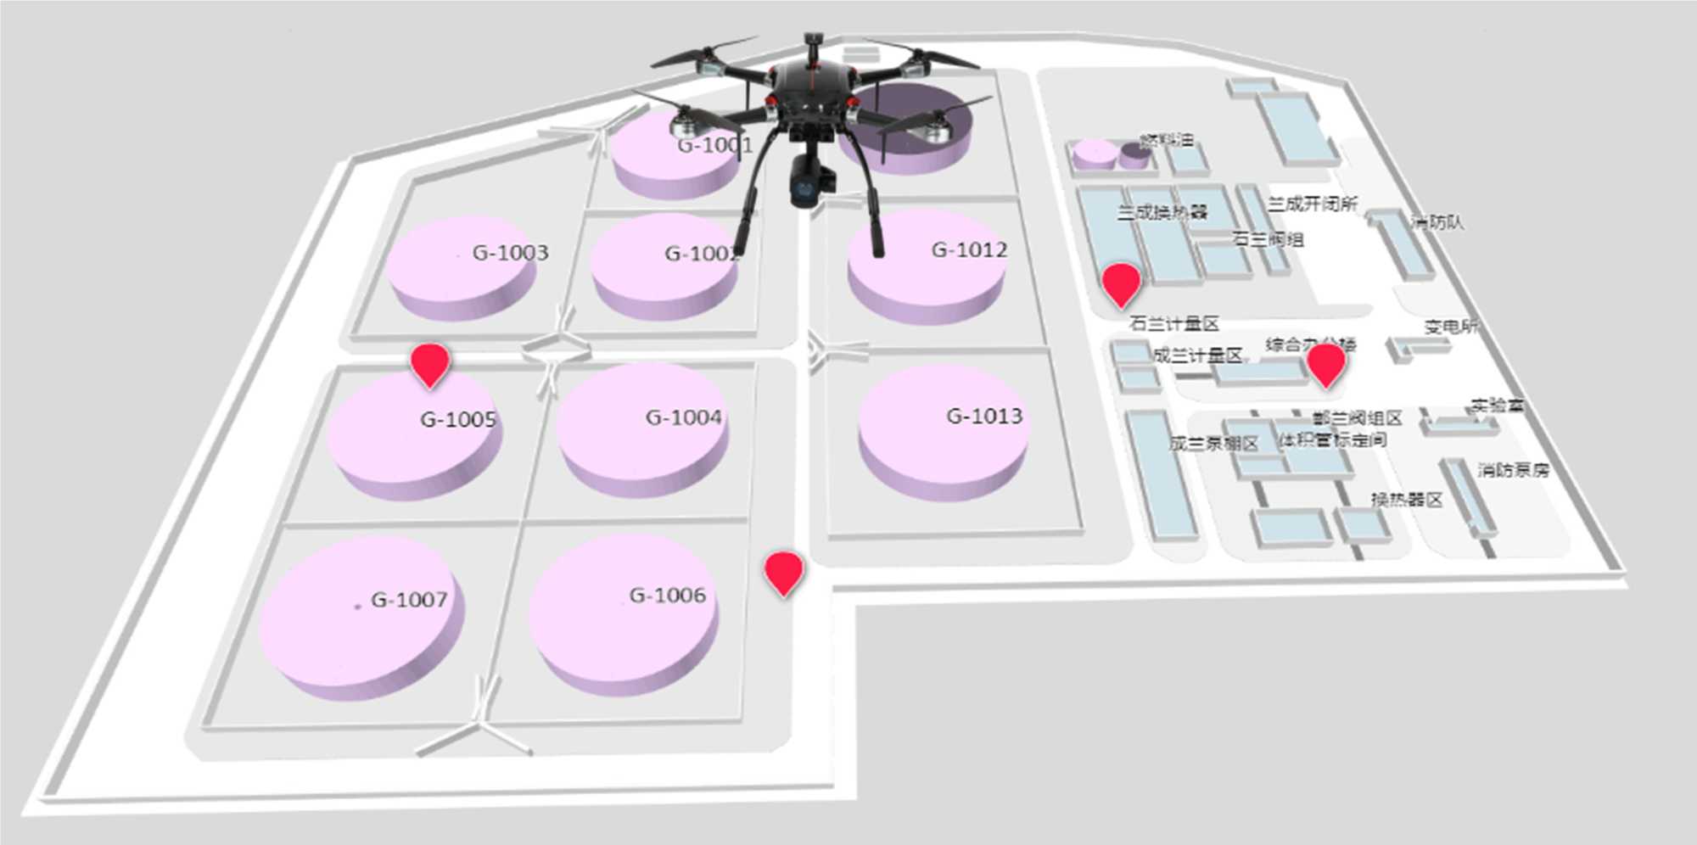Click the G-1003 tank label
tap(510, 252)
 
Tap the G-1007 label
tap(409, 599)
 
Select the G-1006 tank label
tap(668, 595)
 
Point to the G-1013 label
tap(984, 416)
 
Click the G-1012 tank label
tap(969, 249)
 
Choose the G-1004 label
tap(683, 417)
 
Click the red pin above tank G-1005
tap(430, 363)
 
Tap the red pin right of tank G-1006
tap(783, 571)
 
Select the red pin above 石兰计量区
tap(1120, 283)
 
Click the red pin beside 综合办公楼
tap(1325, 363)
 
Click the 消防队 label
tap(1437, 222)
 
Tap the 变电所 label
tap(1451, 327)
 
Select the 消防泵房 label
tap(1513, 469)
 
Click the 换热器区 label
tap(1406, 499)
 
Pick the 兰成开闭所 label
tap(1312, 204)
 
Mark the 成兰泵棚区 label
tap(1213, 443)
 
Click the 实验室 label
tap(1498, 406)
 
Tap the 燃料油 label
tap(1167, 140)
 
